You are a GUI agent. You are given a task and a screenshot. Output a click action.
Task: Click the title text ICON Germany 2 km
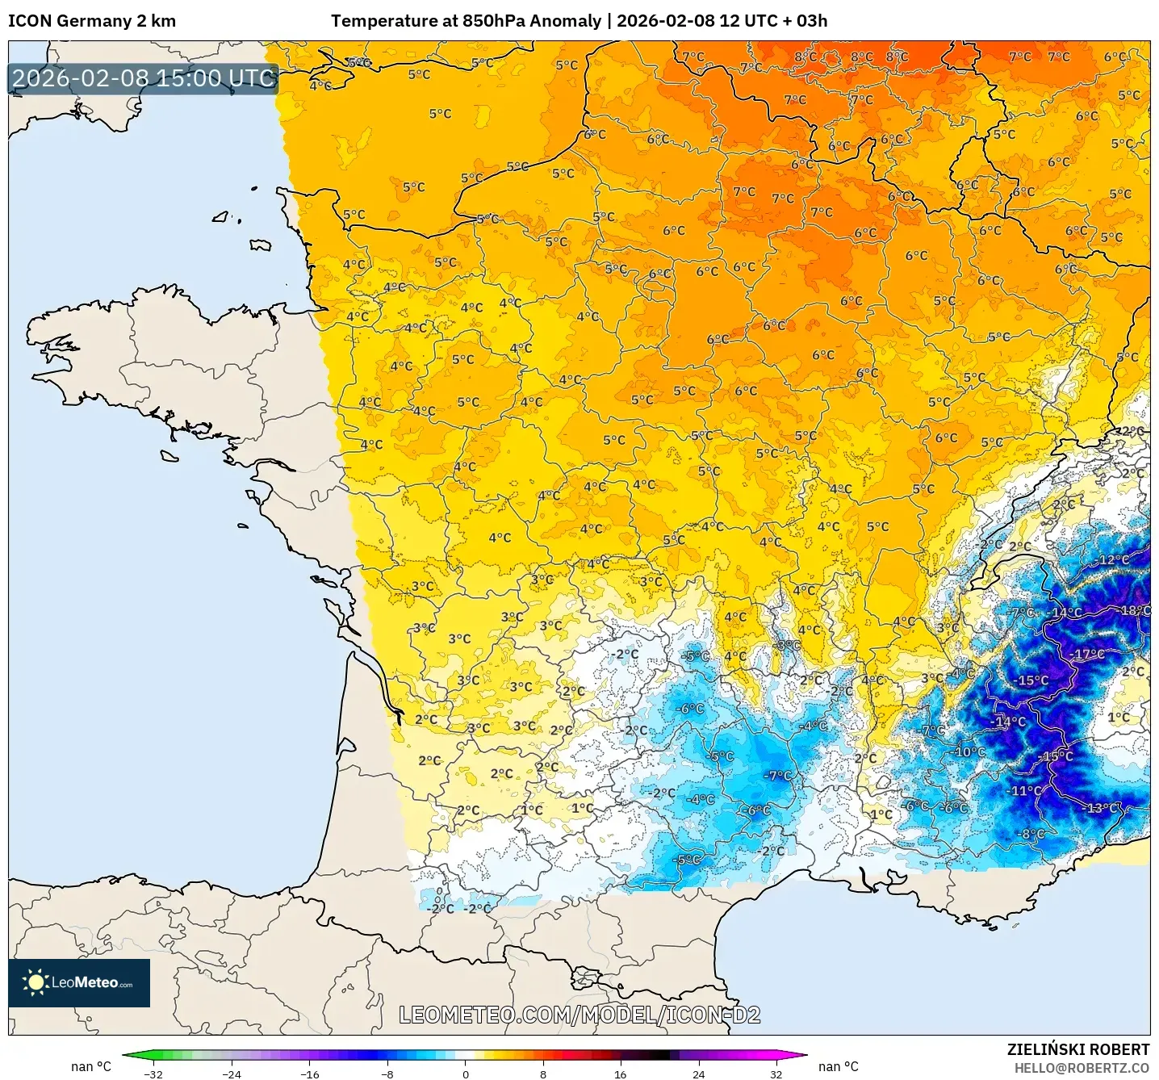point(91,21)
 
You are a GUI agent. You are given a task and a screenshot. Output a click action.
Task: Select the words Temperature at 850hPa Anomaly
point(466,21)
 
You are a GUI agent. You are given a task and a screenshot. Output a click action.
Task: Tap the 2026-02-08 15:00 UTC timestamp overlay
point(144,78)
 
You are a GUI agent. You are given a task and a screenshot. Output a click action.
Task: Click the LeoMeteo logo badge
point(79,982)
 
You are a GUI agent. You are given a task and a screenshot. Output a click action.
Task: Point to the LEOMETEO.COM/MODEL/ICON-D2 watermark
point(579,1015)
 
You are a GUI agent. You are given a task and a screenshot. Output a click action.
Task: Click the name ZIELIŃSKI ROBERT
point(1077,1049)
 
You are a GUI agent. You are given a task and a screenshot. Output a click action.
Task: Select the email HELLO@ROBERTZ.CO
point(1082,1068)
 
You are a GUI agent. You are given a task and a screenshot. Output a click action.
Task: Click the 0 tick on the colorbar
point(466,1074)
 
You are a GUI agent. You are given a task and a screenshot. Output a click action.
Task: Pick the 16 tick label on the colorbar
point(620,1074)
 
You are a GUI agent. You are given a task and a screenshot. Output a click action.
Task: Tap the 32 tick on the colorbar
point(776,1074)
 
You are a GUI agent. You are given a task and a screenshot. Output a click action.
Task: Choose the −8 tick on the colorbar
point(387,1074)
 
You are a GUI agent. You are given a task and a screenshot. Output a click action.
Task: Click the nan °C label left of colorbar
point(91,1066)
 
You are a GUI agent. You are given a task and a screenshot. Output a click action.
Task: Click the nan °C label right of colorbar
point(839,1066)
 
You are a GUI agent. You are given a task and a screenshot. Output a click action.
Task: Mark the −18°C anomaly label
point(1135,610)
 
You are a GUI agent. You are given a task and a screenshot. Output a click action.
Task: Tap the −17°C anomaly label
point(1087,654)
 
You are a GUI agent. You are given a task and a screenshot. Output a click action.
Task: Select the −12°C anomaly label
point(1112,559)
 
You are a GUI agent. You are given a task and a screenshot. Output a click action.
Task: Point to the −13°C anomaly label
point(1103,808)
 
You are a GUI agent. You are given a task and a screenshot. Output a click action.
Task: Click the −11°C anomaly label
point(1025,790)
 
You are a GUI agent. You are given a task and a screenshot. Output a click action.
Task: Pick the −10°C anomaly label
point(969,751)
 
